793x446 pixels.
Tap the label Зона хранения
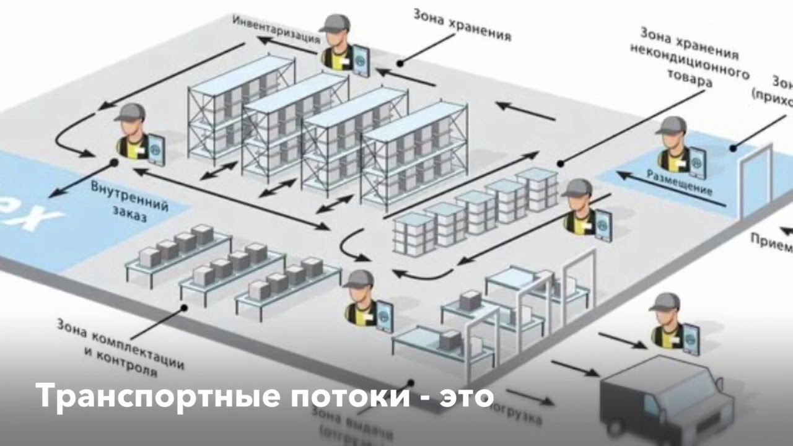pos(462,24)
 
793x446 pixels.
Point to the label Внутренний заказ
pos(129,199)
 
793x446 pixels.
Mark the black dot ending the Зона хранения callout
pos(400,63)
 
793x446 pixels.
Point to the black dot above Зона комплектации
pos(184,307)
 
